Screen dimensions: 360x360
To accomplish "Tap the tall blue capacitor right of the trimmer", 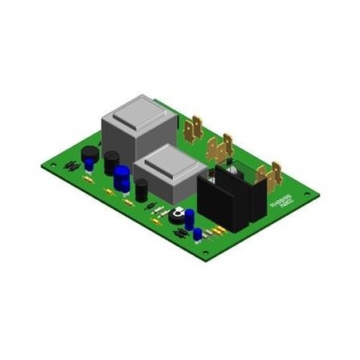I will coord(191,218).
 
